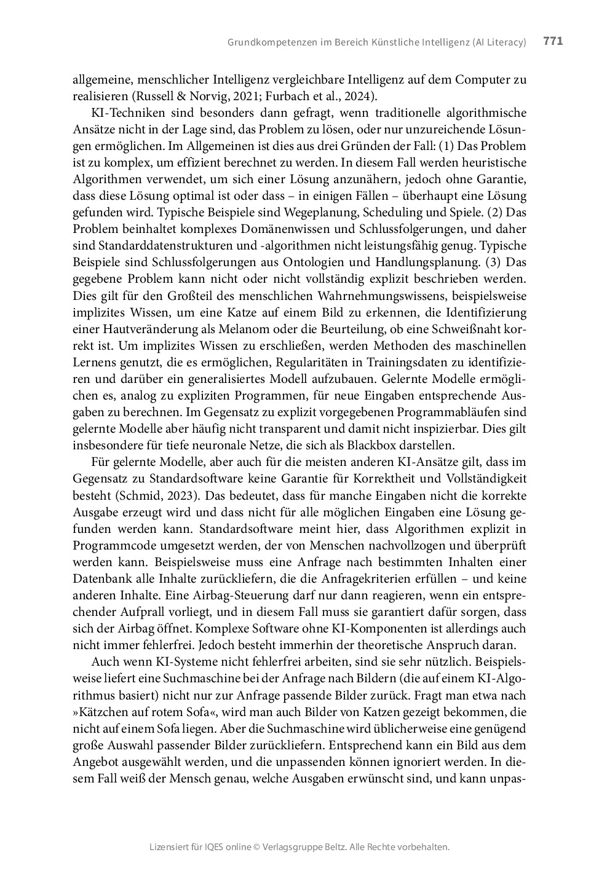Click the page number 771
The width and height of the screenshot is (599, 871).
point(553,41)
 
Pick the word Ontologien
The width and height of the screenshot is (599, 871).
point(304,262)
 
